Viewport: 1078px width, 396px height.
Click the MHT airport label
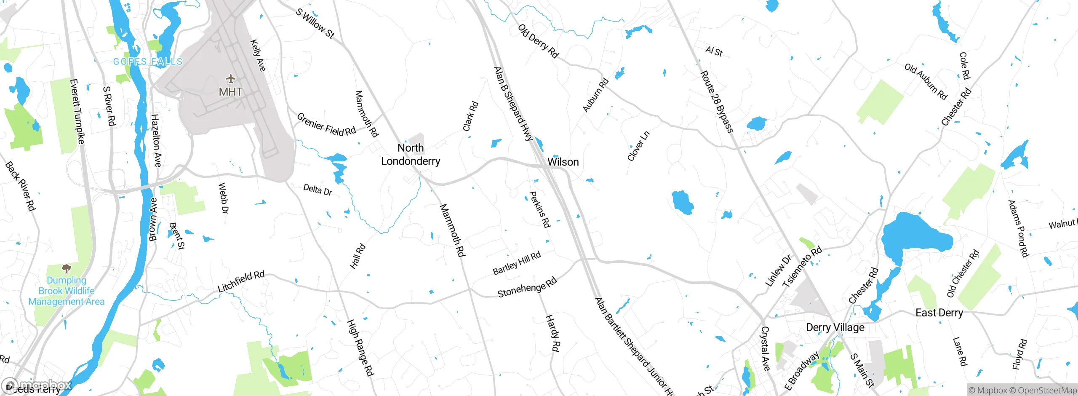pos(230,92)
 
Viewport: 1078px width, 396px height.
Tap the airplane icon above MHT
pos(230,78)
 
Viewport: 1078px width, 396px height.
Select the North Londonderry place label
pos(411,155)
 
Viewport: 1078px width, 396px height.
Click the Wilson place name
pos(563,162)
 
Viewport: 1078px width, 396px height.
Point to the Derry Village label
pos(835,328)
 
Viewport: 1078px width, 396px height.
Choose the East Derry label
pos(939,313)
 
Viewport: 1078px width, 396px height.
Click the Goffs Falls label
pos(148,62)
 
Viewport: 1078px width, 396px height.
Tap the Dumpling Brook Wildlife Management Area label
pos(67,291)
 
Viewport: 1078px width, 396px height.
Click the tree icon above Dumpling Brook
pos(66,268)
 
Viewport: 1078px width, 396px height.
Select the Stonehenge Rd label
pos(527,288)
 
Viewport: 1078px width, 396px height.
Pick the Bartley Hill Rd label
pos(517,263)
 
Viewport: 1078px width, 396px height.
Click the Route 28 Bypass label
pos(717,102)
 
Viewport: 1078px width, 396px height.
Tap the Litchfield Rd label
pos(241,281)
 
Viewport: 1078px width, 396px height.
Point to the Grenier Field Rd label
pos(326,125)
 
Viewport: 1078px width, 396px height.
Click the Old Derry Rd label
pos(538,41)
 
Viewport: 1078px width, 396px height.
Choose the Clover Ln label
pos(638,146)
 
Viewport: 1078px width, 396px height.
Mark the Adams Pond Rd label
pos(1018,228)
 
